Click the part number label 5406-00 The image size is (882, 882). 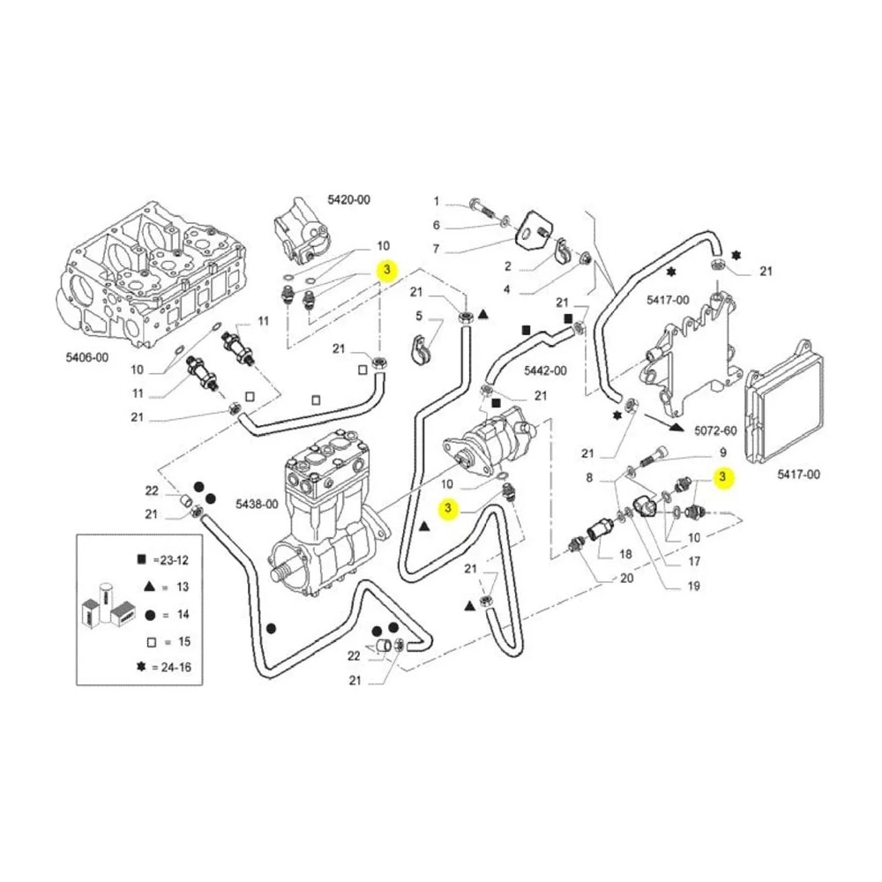point(87,357)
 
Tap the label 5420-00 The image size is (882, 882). point(348,199)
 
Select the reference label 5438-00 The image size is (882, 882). point(257,504)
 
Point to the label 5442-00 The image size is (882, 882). point(546,370)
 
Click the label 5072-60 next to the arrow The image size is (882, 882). point(715,431)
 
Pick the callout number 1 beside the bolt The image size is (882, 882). point(436,201)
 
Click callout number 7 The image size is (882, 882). point(436,248)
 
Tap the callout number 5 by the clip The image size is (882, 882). point(419,316)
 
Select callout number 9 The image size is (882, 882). point(723,452)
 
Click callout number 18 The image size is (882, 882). point(626,554)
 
